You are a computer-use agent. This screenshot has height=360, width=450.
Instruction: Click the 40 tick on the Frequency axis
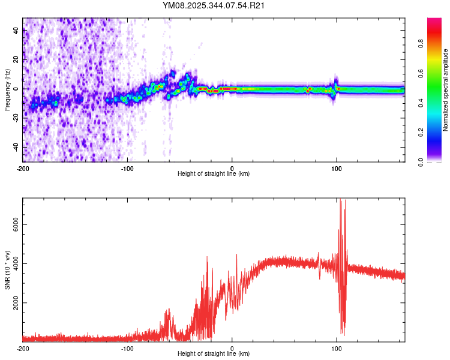click(16, 31)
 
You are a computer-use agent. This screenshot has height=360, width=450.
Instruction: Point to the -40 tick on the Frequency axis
click(16, 147)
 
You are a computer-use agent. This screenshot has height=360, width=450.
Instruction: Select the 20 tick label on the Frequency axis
click(16, 60)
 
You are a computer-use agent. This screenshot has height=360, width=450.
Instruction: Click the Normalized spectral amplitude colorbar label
click(446, 90)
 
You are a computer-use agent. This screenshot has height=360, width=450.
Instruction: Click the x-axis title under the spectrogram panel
click(214, 174)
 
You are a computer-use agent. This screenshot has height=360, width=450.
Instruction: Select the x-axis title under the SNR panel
click(214, 353)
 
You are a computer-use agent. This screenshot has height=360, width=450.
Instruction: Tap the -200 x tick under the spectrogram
click(23, 167)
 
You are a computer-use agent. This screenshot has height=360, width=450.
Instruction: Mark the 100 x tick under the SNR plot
click(337, 347)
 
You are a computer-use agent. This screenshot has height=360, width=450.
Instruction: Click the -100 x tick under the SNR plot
click(127, 347)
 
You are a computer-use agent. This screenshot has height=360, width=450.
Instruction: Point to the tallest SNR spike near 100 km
click(340, 200)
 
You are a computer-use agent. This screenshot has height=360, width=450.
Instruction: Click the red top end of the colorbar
click(434, 21)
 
